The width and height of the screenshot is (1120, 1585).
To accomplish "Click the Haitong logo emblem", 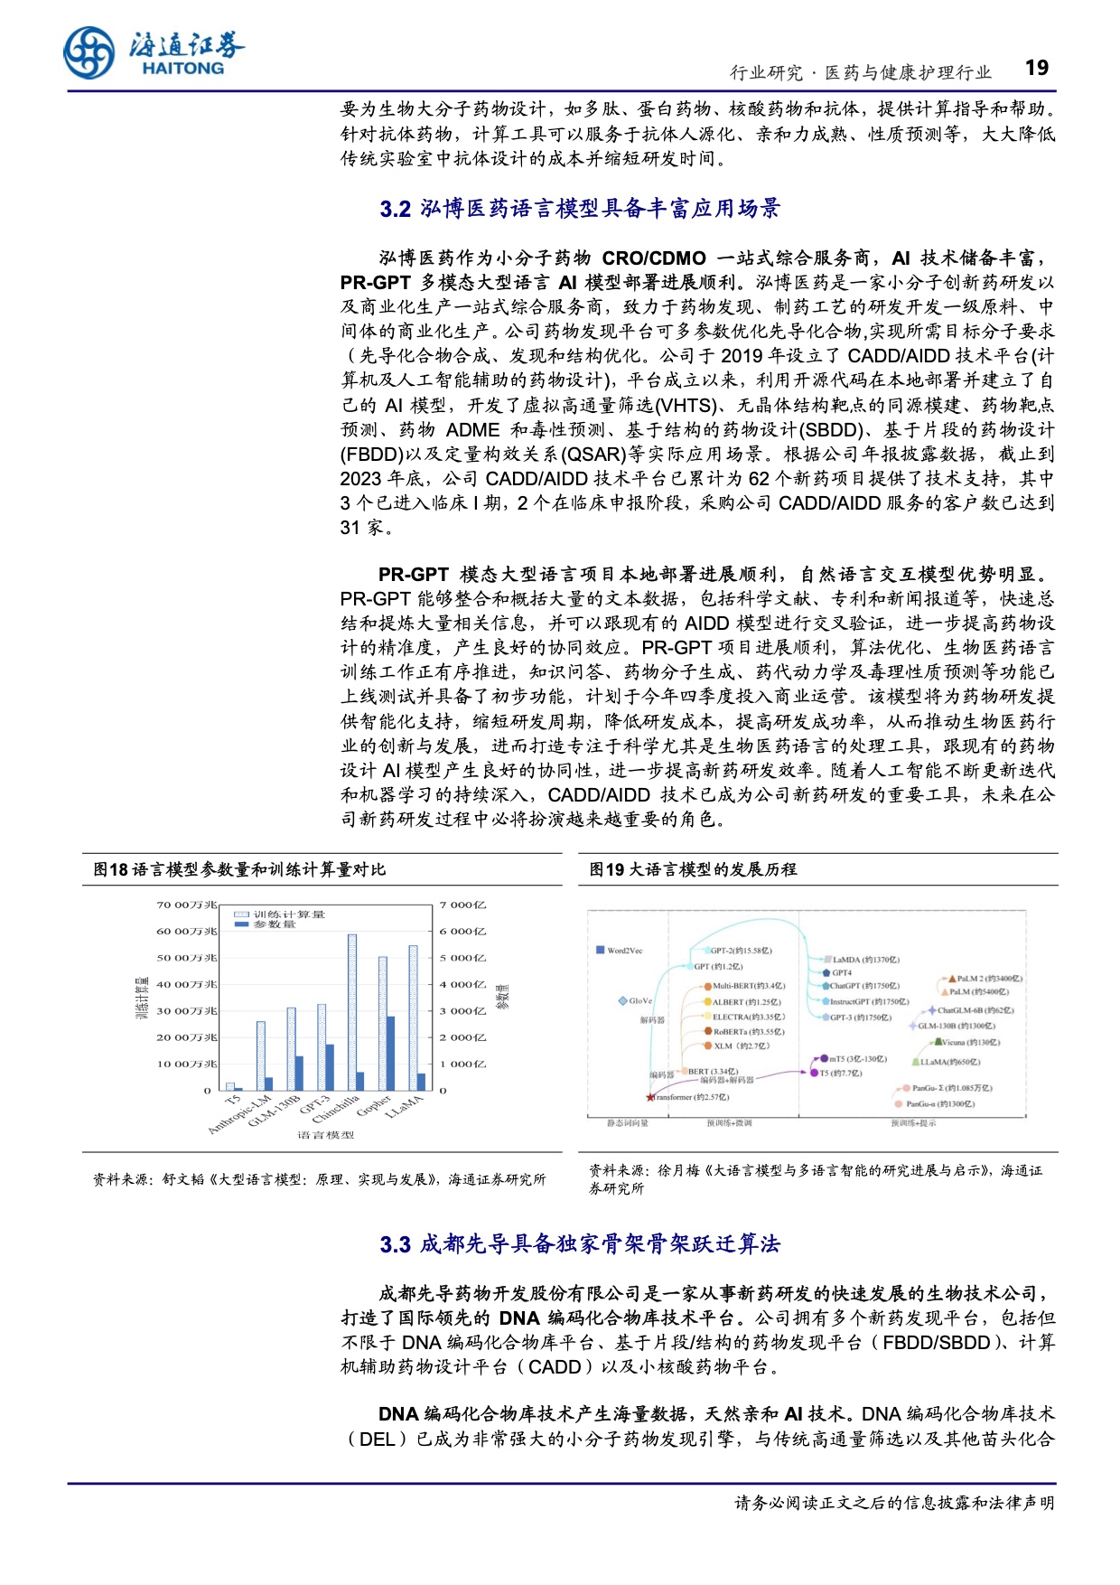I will pyautogui.click(x=89, y=53).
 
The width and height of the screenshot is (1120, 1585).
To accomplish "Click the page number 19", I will pyautogui.click(x=1037, y=69).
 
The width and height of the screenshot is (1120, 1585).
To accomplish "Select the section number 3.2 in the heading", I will pyautogui.click(x=395, y=210).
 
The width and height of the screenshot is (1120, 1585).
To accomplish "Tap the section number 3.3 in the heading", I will pyautogui.click(x=395, y=1245).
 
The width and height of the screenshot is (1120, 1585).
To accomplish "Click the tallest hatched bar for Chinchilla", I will pyautogui.click(x=352, y=1012).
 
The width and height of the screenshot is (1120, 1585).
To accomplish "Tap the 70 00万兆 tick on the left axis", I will pyautogui.click(x=186, y=905).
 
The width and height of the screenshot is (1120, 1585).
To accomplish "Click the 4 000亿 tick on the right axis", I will pyautogui.click(x=462, y=984).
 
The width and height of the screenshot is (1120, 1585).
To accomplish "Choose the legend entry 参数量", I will pyautogui.click(x=274, y=924).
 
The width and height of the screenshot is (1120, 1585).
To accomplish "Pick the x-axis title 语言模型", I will pyautogui.click(x=325, y=1135).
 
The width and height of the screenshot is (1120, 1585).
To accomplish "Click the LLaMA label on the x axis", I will pyautogui.click(x=403, y=1108).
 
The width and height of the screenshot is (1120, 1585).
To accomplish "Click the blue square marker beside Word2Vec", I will pyautogui.click(x=600, y=950).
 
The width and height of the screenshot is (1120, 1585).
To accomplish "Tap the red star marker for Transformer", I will pyautogui.click(x=649, y=1097).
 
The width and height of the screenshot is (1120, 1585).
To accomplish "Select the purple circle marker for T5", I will pyautogui.click(x=813, y=1073).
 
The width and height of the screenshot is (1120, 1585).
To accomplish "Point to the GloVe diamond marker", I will pyautogui.click(x=622, y=1001).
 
